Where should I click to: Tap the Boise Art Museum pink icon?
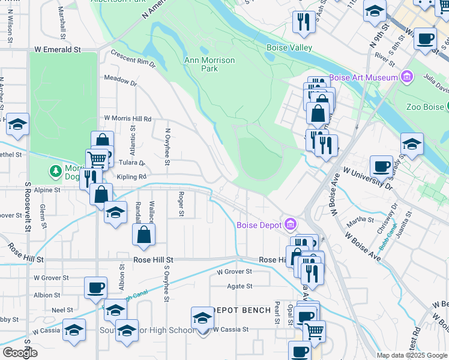pos(408,77)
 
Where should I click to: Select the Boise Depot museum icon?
pos(290,225)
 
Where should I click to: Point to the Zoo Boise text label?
pos(423,107)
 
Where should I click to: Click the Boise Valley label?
pos(289,47)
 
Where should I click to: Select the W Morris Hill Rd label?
pos(127,119)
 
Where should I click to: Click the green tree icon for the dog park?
pos(56,172)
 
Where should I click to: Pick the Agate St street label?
pos(240,286)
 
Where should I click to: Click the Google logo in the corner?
pos(20,353)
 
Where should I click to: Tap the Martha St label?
pos(360,220)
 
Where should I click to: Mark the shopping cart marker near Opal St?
pos(314,330)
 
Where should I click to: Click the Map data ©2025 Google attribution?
pos(411,355)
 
